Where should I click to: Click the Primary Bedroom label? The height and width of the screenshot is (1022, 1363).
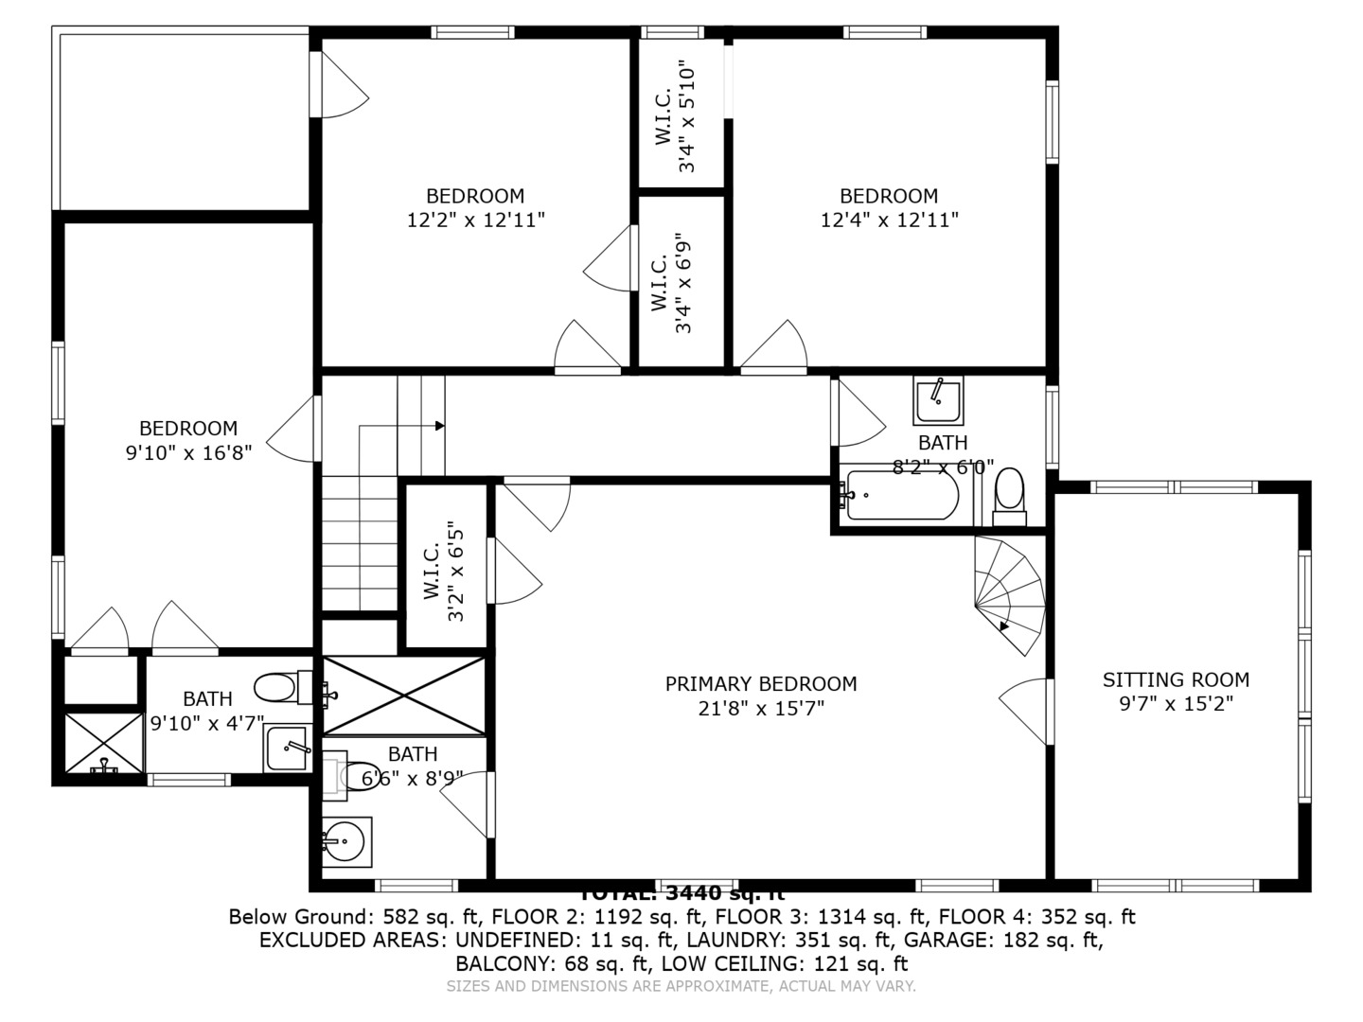[760, 683]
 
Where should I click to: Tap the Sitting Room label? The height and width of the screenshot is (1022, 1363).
[1176, 679]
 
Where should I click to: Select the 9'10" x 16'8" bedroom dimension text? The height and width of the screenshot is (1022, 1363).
[188, 453]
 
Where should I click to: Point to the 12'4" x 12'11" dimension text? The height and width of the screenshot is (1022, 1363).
[889, 220]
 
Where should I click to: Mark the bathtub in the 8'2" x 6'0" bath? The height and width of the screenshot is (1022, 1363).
[901, 494]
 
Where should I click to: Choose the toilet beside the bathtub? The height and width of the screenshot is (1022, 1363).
[1010, 495]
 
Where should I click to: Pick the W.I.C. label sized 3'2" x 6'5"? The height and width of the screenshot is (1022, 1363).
[445, 571]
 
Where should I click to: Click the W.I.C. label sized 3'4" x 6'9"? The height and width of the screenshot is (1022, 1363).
[671, 282]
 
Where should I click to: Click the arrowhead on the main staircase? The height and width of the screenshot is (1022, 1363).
[439, 426]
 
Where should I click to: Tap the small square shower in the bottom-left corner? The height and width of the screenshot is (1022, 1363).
[103, 744]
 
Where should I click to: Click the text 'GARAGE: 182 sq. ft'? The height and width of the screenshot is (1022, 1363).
[1003, 940]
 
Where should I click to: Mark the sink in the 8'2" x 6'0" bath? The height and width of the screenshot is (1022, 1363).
[938, 400]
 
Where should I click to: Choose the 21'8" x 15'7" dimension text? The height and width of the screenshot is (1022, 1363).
[761, 708]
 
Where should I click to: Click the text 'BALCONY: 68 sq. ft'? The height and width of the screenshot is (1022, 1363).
[551, 963]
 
